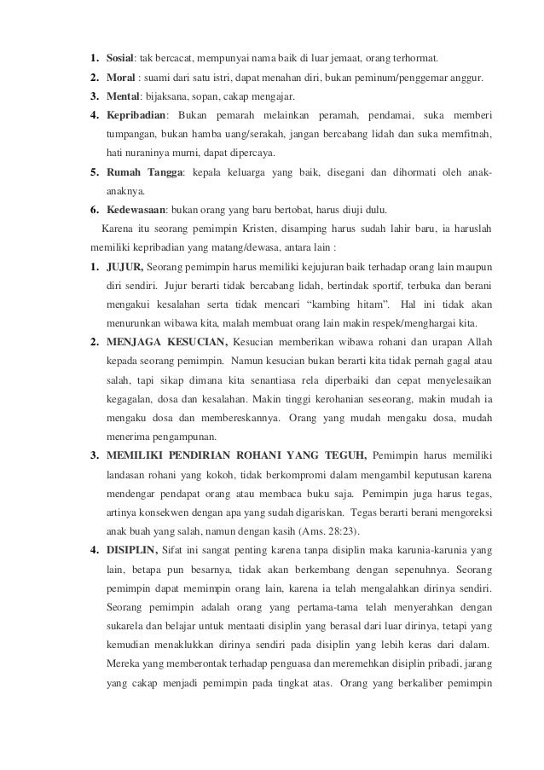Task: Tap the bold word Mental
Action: click(x=122, y=96)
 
